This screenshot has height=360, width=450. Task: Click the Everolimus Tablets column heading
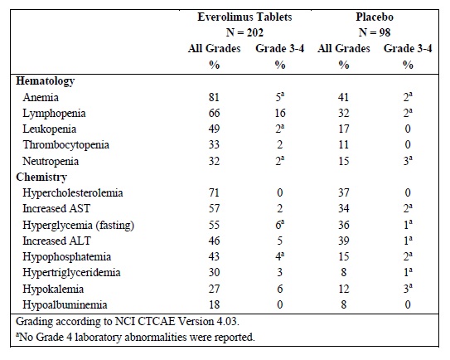click(244, 17)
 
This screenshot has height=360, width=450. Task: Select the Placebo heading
click(375, 17)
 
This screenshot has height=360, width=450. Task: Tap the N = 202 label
click(244, 32)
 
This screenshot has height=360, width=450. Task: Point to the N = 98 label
click(375, 32)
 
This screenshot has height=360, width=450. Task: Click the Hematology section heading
click(46, 81)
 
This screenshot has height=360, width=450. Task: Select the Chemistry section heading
click(41, 178)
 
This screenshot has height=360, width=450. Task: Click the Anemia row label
click(41, 97)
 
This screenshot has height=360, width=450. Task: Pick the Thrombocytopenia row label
click(66, 145)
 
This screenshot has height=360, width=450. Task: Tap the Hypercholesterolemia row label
click(73, 192)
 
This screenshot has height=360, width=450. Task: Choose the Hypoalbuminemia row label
click(65, 304)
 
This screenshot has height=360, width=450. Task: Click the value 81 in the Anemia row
click(214, 97)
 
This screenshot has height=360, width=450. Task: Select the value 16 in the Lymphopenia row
click(280, 113)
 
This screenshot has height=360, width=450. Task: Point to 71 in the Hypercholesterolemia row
click(214, 192)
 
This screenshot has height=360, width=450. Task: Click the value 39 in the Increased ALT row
click(344, 241)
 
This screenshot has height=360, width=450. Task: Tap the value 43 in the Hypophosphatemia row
click(214, 256)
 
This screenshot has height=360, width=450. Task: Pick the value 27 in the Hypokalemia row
click(214, 289)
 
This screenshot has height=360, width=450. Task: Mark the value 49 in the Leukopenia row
click(214, 129)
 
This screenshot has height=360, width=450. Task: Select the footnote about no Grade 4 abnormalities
click(135, 337)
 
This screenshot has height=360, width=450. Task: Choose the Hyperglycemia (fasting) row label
click(79, 226)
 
